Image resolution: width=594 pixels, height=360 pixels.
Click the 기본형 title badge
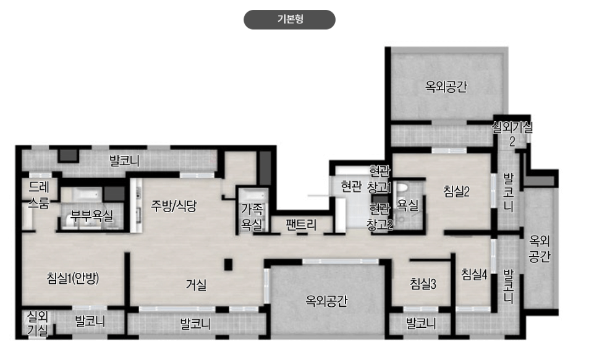click(x=289, y=20)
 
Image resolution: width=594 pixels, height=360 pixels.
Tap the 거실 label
click(x=196, y=285)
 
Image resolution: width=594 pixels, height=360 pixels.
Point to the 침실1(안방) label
click(x=73, y=278)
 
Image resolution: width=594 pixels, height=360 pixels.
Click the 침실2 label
click(x=457, y=191)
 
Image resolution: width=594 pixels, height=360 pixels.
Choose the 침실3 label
click(x=423, y=284)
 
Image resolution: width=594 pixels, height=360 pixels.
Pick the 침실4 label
click(x=474, y=274)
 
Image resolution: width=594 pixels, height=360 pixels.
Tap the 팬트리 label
click(x=302, y=225)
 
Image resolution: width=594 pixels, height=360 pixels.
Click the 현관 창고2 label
click(x=380, y=216)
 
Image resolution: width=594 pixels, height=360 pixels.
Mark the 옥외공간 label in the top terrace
click(x=446, y=87)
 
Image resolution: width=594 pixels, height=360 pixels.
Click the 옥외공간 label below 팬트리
click(x=327, y=301)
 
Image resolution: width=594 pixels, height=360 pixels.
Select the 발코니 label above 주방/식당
click(x=124, y=162)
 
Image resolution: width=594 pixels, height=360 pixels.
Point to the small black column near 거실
click(x=227, y=265)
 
